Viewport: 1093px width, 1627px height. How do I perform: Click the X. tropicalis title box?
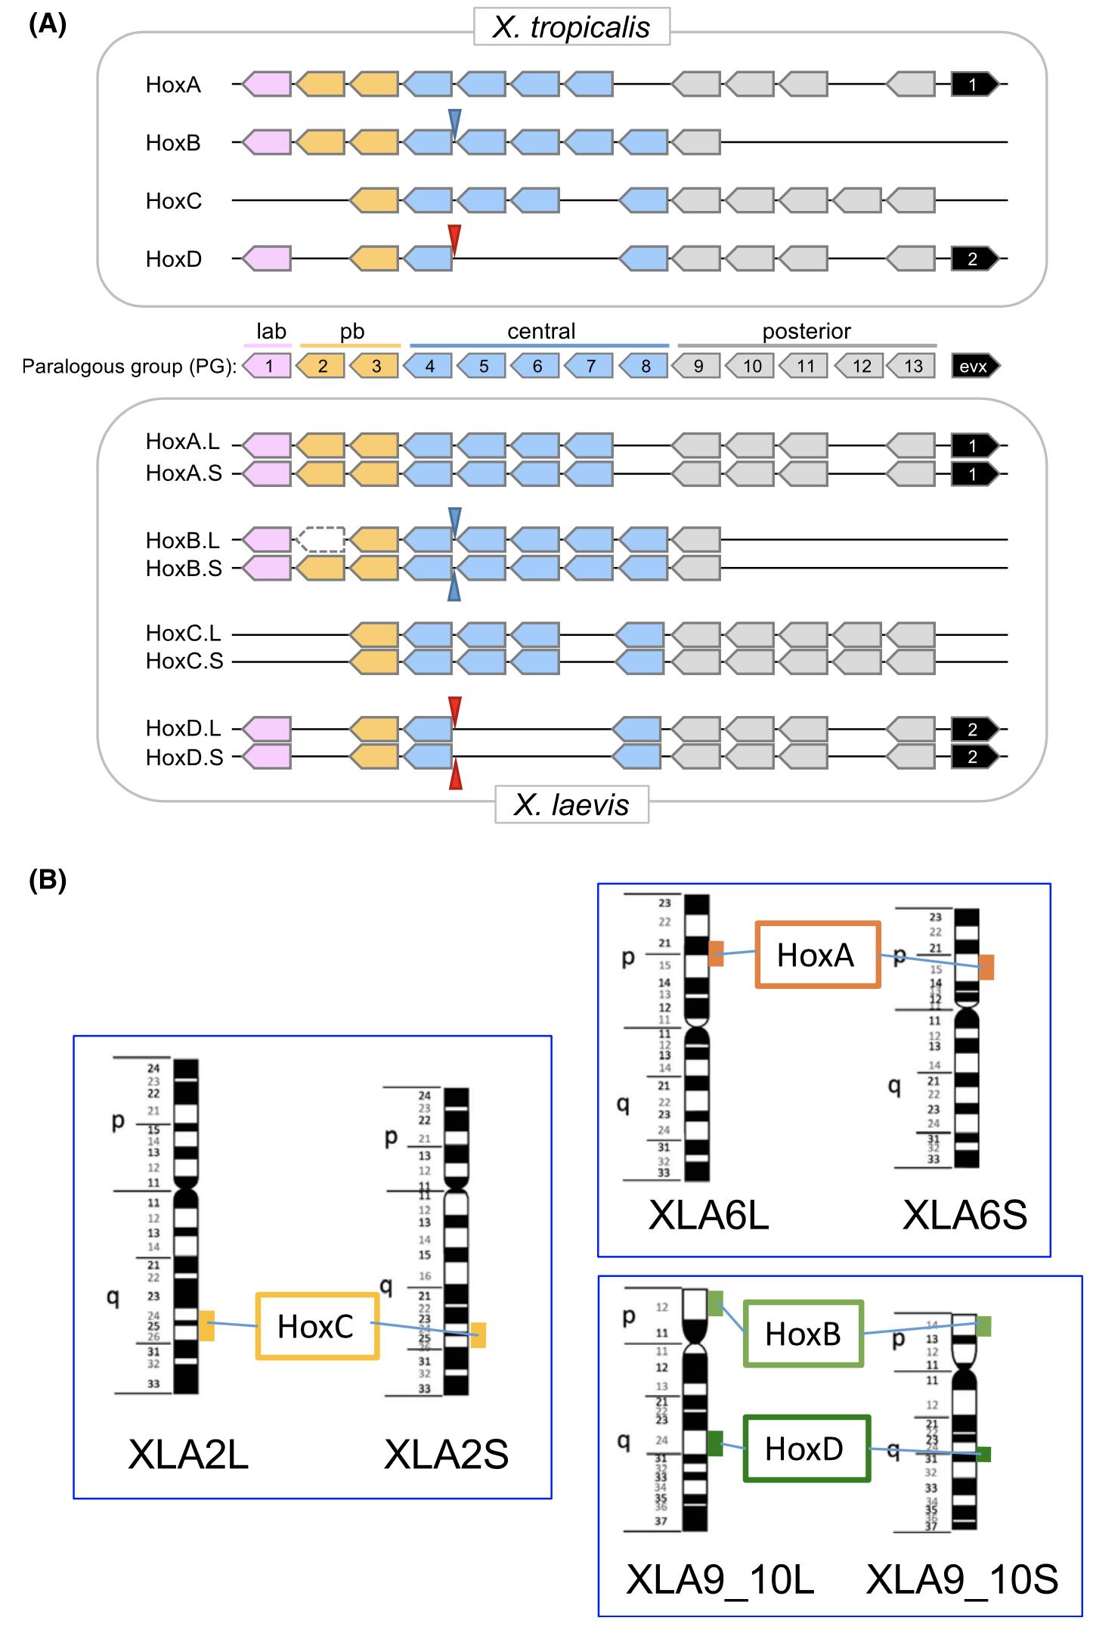click(571, 27)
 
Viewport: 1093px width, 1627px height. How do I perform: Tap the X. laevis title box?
click(571, 804)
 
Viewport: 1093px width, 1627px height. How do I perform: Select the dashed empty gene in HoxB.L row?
click(320, 540)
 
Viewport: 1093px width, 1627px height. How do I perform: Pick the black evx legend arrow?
click(974, 367)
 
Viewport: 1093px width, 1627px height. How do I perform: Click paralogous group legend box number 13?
click(912, 367)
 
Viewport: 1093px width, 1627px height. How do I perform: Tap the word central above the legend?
click(541, 331)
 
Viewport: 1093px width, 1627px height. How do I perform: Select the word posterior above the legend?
click(807, 331)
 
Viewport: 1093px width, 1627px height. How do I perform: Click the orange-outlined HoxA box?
click(817, 955)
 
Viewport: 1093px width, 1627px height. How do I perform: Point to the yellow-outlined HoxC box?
click(317, 1326)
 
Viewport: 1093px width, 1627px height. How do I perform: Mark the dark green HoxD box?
click(806, 1449)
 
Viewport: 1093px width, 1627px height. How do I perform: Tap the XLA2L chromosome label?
click(188, 1454)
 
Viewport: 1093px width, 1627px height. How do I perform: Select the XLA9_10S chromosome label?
click(962, 1580)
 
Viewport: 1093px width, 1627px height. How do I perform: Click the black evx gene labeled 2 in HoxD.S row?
click(974, 757)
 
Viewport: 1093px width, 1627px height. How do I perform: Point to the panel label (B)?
click(48, 880)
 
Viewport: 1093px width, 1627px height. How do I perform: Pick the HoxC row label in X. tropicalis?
click(174, 201)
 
